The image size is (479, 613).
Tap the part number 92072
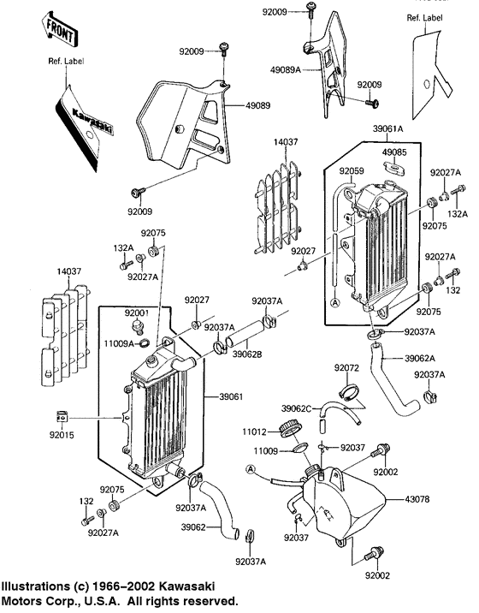click(x=347, y=367)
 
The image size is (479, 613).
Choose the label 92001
click(x=137, y=313)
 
